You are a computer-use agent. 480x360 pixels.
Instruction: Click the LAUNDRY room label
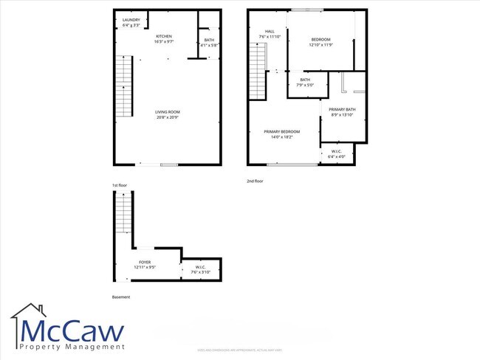click(131, 21)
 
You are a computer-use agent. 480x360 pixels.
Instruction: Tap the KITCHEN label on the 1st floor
click(164, 36)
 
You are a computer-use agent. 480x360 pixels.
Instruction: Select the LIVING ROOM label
click(165, 111)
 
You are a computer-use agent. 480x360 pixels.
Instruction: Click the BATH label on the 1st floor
click(209, 40)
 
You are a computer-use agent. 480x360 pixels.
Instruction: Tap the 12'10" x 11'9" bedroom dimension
click(320, 45)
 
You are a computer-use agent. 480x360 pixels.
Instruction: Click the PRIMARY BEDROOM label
click(282, 131)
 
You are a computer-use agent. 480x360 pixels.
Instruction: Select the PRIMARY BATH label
click(343, 109)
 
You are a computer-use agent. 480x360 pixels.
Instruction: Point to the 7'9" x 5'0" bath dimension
click(305, 85)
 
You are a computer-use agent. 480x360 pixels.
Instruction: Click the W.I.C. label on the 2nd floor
click(337, 151)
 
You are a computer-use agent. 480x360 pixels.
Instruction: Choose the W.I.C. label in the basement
click(201, 267)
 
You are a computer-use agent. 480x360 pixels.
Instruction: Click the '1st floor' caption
click(120, 184)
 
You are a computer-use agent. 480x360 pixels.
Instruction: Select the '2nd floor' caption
click(254, 181)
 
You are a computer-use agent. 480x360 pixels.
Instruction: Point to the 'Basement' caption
click(121, 297)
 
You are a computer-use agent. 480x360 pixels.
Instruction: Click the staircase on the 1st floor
click(123, 87)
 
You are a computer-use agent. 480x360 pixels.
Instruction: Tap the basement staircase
click(124, 214)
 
